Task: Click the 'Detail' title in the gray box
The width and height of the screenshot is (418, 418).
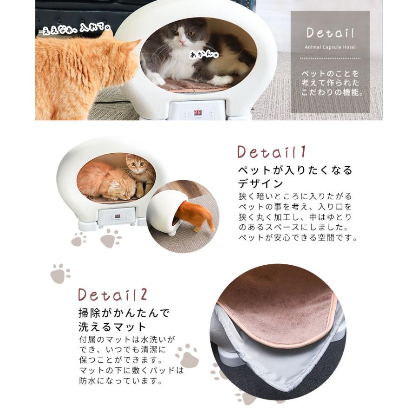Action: pyautogui.click(x=330, y=33)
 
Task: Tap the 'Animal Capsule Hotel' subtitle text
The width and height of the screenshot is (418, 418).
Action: pyautogui.click(x=330, y=47)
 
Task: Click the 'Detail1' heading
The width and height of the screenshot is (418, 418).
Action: pyautogui.click(x=272, y=152)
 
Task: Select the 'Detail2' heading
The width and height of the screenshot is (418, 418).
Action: pyautogui.click(x=112, y=294)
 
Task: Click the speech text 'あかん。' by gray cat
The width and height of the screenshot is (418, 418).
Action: pyautogui.click(x=204, y=54)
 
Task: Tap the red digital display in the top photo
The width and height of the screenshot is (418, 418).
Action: pyautogui.click(x=197, y=112)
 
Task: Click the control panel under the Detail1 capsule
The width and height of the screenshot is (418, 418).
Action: pyautogui.click(x=116, y=217)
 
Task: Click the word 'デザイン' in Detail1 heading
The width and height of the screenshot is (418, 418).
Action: pyautogui.click(x=261, y=183)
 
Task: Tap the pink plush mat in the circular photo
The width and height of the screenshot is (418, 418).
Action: pyautogui.click(x=279, y=302)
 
